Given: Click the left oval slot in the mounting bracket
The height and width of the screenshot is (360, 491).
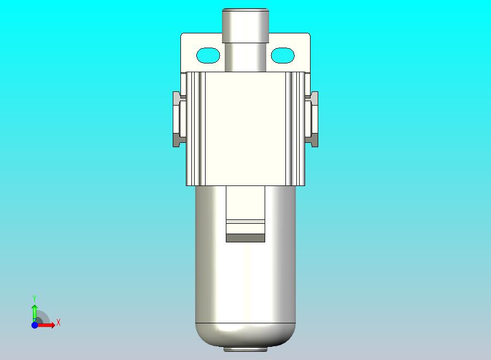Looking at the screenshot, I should [x=208, y=55].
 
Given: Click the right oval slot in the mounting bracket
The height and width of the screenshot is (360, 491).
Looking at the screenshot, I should [x=283, y=55].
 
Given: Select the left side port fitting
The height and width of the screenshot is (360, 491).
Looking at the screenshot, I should [x=179, y=119].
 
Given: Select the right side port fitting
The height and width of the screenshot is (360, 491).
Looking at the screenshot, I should [x=313, y=119].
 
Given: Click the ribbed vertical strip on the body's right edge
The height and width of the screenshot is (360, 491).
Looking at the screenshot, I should [x=295, y=129].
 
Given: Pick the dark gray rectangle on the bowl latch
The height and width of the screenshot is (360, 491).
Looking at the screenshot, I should [x=245, y=237].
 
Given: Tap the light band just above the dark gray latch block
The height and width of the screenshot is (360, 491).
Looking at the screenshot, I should [x=245, y=222].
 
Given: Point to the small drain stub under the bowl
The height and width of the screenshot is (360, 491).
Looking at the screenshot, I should [x=245, y=348].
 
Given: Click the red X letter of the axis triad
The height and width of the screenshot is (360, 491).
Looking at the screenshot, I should [x=59, y=323].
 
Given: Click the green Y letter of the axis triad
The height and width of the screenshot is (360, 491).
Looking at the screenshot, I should [x=34, y=298].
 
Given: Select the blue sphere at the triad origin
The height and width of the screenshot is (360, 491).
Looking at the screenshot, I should [x=34, y=325].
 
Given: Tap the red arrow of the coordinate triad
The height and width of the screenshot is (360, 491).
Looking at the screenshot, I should [x=47, y=325].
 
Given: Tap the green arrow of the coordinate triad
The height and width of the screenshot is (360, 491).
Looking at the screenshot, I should [x=34, y=312].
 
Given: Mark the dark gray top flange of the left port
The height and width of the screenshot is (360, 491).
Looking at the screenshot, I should [x=178, y=97].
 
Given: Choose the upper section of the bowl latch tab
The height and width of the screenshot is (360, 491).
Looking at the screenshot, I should [x=245, y=202].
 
